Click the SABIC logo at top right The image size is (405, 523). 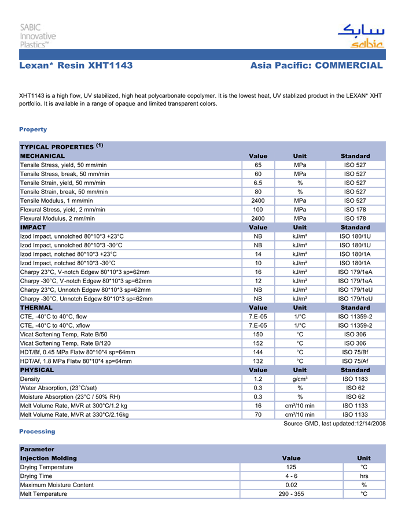[360, 36]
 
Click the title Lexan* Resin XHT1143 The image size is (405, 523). [76, 66]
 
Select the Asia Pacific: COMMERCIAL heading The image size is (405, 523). [316, 66]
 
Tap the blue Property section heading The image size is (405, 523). [33, 129]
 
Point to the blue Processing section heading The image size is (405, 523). [37, 432]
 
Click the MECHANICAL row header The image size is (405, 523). [43, 156]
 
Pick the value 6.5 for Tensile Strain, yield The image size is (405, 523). [258, 183]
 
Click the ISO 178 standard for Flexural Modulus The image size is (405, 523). [355, 218]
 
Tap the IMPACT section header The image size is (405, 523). [33, 228]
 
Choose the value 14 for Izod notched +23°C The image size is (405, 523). [258, 254]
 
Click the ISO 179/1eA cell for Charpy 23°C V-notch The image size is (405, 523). [355, 272]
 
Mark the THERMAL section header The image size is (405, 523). [36, 308]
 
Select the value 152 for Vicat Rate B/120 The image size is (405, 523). [258, 343]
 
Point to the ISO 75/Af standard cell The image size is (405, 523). [355, 361]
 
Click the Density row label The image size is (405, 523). [30, 379]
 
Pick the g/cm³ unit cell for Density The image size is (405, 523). [300, 379]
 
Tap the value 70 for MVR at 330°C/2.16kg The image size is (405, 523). [258, 415]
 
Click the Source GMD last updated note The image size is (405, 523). [334, 424]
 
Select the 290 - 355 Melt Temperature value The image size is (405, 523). [291, 494]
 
